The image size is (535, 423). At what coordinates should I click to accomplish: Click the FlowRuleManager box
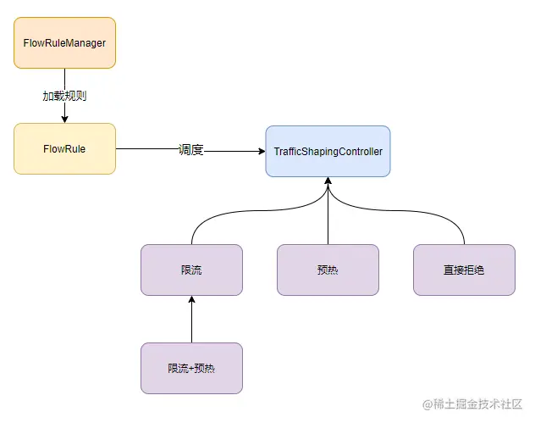64,42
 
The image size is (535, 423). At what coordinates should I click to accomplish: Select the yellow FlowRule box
64,148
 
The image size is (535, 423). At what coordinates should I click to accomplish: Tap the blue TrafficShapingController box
328,151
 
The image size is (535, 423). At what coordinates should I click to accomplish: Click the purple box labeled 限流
191,270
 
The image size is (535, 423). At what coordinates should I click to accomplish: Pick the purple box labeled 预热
328,270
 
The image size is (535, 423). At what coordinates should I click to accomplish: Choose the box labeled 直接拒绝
464,270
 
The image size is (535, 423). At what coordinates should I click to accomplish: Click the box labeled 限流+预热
191,368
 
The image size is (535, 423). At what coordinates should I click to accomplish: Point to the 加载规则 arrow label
64,96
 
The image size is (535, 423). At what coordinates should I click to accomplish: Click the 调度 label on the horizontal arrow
191,150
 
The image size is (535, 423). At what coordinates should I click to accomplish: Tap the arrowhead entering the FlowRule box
64,119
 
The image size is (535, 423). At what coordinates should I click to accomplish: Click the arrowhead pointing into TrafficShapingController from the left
260,152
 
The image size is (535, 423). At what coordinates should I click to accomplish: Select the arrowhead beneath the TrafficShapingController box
328,182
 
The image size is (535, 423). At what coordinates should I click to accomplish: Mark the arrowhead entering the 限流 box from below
191,300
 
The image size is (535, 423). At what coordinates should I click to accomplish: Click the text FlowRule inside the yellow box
64,148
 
